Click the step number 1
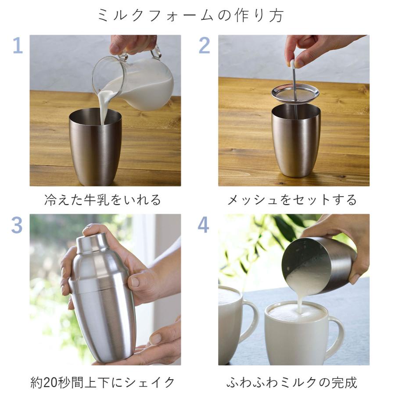(17, 46)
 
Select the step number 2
(204, 46)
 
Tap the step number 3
(17, 225)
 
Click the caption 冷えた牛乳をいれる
(103, 200)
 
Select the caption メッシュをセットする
(292, 200)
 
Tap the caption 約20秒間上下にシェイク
(103, 382)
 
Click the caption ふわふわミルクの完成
(292, 382)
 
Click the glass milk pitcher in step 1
(140, 83)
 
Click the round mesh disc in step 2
(295, 93)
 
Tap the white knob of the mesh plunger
(293, 64)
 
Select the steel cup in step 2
(295, 140)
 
